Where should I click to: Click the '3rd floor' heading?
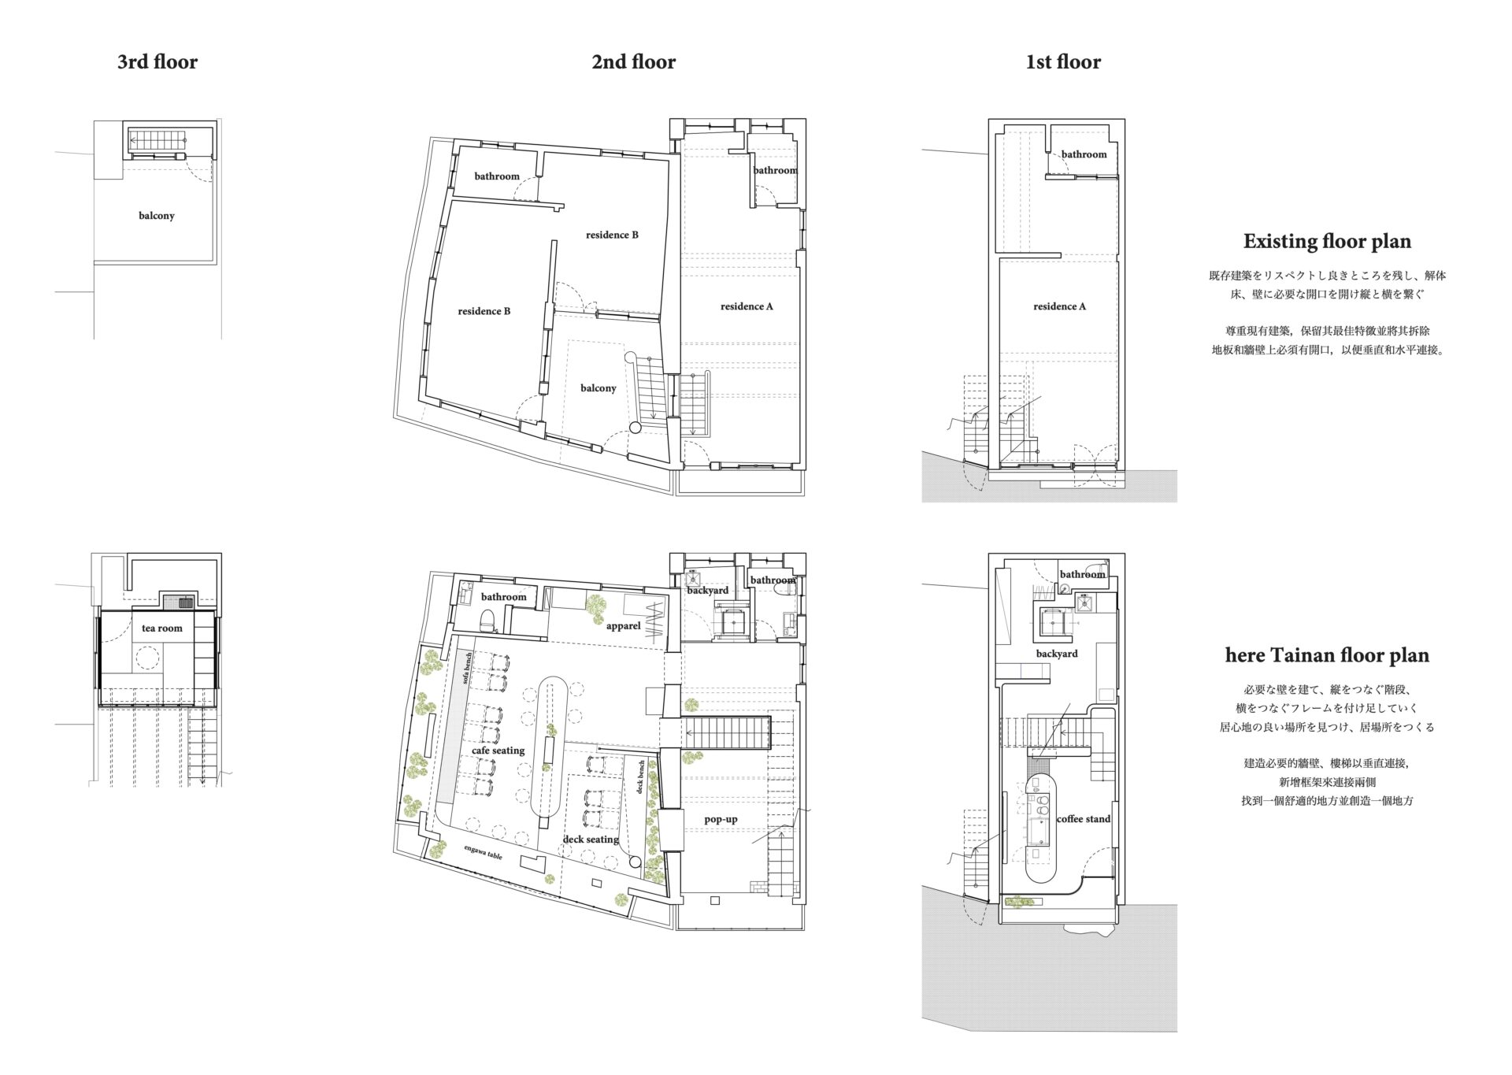157,62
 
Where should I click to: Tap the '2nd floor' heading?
634,62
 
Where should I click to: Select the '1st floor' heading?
1063,62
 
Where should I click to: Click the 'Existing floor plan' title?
1327,242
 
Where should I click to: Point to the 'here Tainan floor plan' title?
1327,655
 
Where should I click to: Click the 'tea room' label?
162,628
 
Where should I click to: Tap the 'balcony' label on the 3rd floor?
157,216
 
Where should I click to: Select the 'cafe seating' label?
498,751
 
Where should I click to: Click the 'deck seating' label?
591,840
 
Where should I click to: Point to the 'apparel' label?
624,626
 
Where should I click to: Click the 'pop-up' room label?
721,819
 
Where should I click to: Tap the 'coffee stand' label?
1084,819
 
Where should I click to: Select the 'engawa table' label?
483,852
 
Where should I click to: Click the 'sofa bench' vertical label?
468,669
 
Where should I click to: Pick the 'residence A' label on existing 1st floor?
1060,306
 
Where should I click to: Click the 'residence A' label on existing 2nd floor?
747,306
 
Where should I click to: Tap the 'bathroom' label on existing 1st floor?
1084,154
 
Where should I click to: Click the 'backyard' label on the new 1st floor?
1057,654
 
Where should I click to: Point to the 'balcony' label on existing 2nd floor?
598,388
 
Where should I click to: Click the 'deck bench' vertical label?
641,777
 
